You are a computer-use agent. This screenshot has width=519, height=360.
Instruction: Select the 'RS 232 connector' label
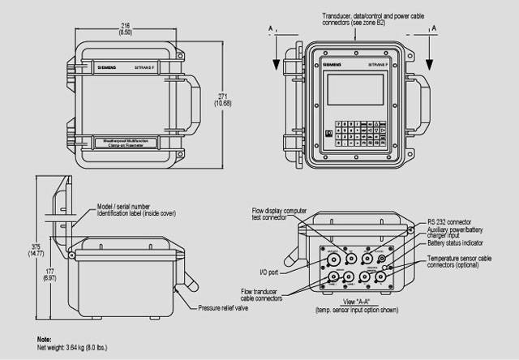450,221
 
